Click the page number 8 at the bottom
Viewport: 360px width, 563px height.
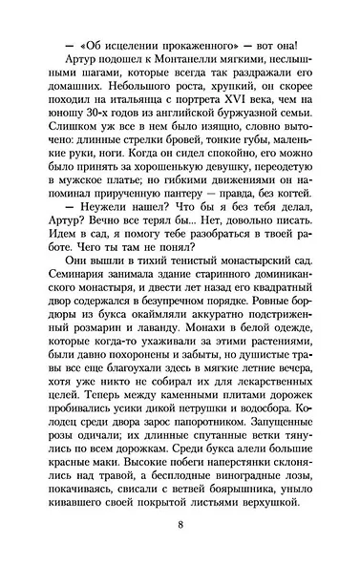point(180,525)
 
